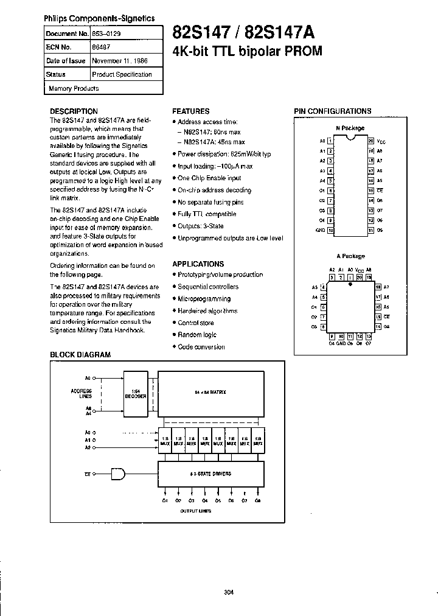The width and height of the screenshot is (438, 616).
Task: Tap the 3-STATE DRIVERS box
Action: pos(210,474)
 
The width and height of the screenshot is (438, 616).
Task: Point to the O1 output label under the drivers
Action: pos(165,500)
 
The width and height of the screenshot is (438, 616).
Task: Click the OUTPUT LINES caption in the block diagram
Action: pos(196,511)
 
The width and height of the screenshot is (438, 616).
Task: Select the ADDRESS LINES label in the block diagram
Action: pos(82,393)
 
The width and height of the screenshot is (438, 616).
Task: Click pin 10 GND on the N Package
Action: pos(330,230)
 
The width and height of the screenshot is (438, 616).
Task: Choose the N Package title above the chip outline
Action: pos(350,128)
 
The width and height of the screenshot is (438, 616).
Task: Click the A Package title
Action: pos(350,256)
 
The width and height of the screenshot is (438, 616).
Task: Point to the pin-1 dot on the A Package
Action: pos(350,284)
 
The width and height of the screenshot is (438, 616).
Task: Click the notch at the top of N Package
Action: pos(350,138)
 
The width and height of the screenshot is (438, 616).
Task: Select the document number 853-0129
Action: pos(106,35)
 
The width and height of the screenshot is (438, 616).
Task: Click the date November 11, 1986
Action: pos(120,61)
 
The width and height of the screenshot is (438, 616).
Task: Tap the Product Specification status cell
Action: pos(122,74)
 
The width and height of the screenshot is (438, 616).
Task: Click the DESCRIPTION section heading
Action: pos(74,111)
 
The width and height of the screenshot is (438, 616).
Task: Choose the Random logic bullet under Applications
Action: pos(196,335)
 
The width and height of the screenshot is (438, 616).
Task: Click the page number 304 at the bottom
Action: pos(228,592)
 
